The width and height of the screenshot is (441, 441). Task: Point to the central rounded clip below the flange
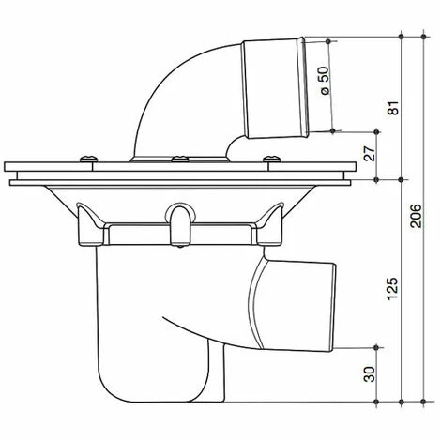coord(178,221)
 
